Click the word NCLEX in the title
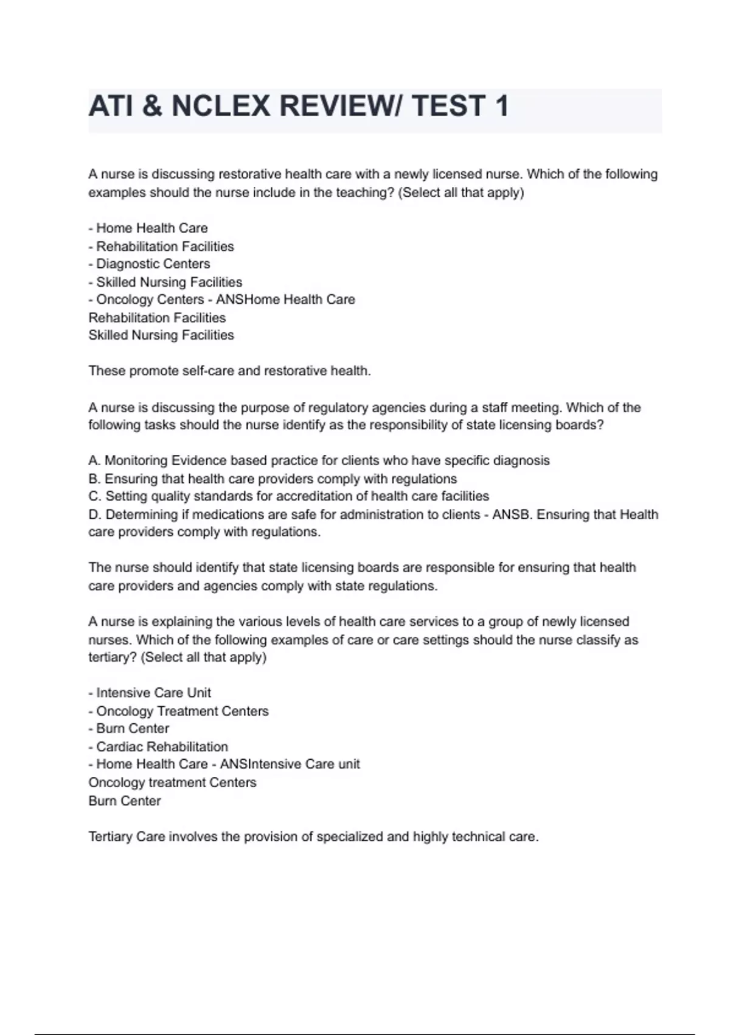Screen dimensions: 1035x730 tap(220, 107)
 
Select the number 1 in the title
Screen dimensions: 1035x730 tap(502, 107)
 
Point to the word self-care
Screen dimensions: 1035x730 tap(209, 371)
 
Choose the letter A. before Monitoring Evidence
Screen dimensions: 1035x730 tap(94, 461)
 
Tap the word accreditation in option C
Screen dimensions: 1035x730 tap(320, 496)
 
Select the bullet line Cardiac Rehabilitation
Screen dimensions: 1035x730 tap(162, 747)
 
